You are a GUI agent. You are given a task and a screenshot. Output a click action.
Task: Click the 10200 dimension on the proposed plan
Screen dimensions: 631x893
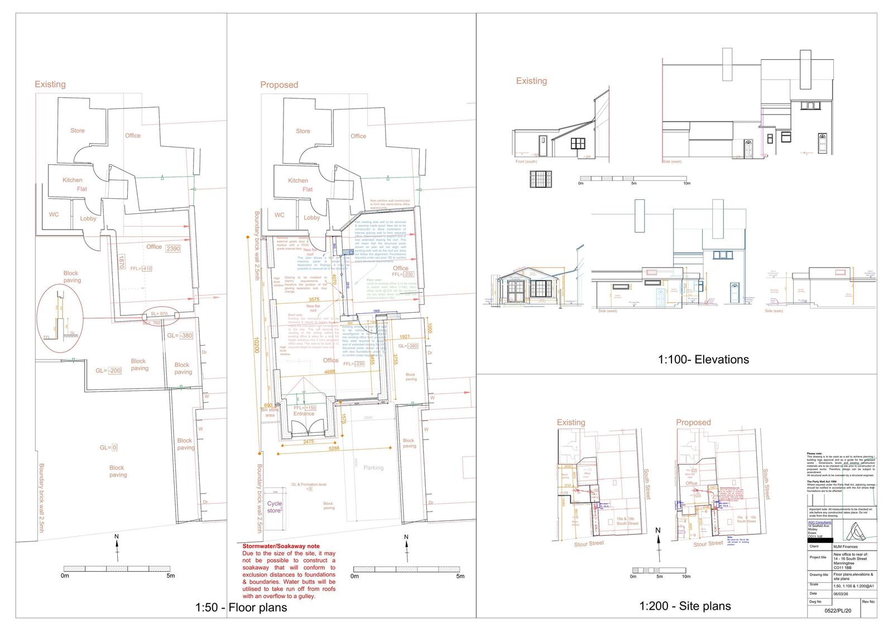pos(256,352)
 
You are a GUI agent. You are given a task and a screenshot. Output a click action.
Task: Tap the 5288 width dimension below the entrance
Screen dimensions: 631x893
pos(334,448)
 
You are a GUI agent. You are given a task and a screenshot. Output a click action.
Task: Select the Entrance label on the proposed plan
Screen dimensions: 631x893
pos(304,414)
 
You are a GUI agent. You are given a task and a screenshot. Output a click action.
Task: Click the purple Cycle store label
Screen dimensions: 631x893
pos(275,506)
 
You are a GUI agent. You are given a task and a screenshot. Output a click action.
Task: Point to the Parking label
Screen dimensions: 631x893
pos(373,467)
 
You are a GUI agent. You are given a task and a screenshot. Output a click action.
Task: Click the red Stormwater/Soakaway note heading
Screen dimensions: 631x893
pos(281,546)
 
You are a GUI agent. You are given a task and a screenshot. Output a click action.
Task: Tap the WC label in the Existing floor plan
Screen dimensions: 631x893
pos(54,214)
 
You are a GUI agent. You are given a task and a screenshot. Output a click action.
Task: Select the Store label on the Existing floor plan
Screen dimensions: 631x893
pos(78,131)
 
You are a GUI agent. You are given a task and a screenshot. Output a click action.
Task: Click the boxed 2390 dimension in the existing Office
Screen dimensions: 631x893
pos(173,248)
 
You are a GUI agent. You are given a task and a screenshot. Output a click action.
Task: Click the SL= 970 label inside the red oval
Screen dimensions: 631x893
pos(159,314)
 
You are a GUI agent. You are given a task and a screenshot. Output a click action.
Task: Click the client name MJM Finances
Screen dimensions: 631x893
pos(844,547)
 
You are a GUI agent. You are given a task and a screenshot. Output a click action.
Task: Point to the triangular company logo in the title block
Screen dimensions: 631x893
pos(853,530)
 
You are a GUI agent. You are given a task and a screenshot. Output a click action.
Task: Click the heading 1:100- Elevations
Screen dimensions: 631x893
pos(703,360)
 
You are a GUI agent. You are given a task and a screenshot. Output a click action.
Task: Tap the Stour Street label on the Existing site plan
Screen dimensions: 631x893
pos(589,543)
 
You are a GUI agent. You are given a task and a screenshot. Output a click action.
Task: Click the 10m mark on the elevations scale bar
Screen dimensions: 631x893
pos(686,183)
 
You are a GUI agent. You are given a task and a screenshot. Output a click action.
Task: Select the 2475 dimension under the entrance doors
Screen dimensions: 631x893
pos(308,441)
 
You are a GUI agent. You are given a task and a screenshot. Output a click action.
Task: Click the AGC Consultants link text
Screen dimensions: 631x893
pos(819,522)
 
